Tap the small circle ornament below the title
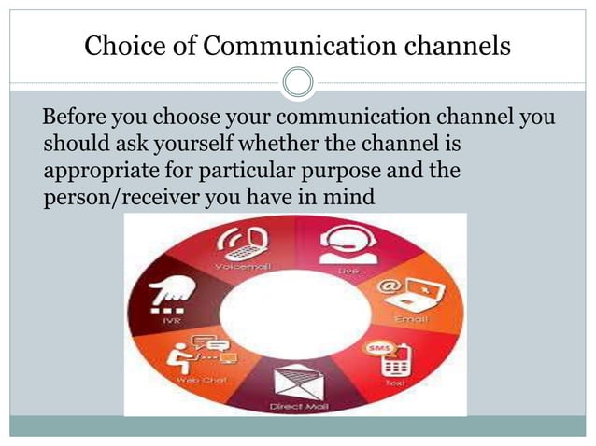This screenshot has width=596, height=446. [298, 83]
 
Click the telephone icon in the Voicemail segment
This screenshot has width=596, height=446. [237, 245]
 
